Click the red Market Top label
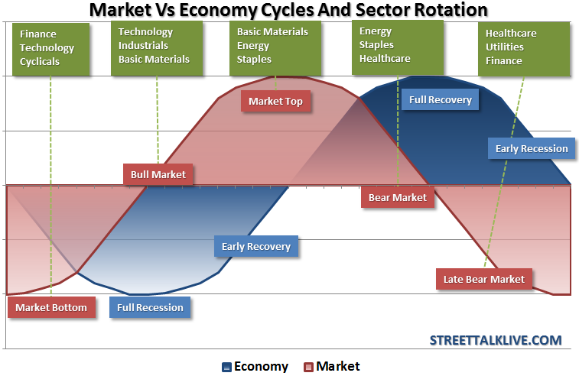click(x=276, y=101)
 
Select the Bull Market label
click(x=158, y=174)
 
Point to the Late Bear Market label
click(x=484, y=279)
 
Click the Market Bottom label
click(x=52, y=308)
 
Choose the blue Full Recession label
click(x=150, y=308)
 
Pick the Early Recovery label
click(x=256, y=246)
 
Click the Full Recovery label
click(x=441, y=99)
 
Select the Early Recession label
click(x=532, y=148)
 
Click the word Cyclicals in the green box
click(x=40, y=61)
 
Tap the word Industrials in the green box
click(x=143, y=45)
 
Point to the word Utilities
click(x=505, y=47)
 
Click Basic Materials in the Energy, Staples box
click(x=272, y=32)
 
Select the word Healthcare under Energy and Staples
click(x=385, y=58)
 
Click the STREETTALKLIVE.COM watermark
click(x=496, y=340)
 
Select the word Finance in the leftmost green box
click(x=38, y=34)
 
